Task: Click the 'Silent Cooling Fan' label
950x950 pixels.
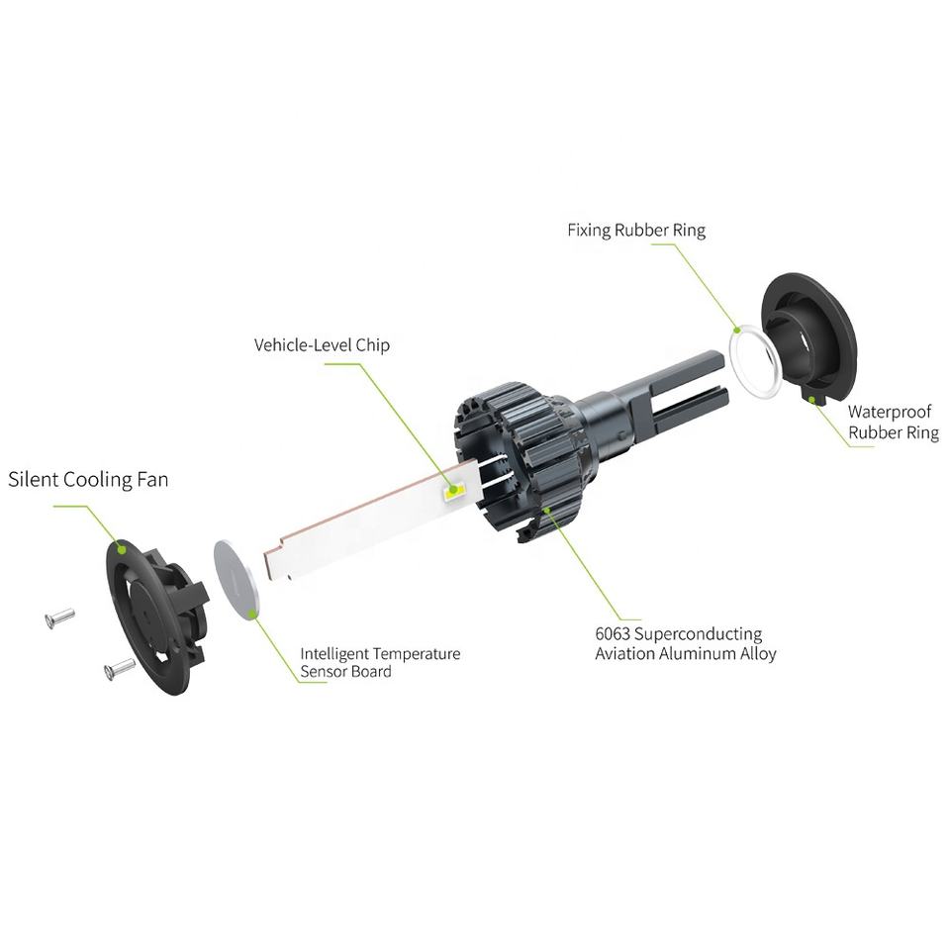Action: (x=88, y=480)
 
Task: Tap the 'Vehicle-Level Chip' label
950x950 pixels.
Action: (x=322, y=345)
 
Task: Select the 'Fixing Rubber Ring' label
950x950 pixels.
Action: (x=636, y=231)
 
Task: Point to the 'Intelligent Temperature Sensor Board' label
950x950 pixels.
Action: (x=380, y=662)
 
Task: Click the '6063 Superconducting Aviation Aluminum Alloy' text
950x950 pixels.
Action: (x=685, y=643)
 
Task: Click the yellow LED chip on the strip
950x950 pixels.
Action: (x=454, y=489)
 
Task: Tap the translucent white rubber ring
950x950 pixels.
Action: (x=754, y=363)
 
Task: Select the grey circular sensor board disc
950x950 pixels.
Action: (x=240, y=579)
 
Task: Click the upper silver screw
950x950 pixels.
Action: (x=59, y=618)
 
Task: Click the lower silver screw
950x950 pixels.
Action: (x=119, y=669)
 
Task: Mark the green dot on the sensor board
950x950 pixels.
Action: (x=254, y=614)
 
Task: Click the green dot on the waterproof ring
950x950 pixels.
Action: (x=812, y=400)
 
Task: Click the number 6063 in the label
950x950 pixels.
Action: (x=612, y=633)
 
